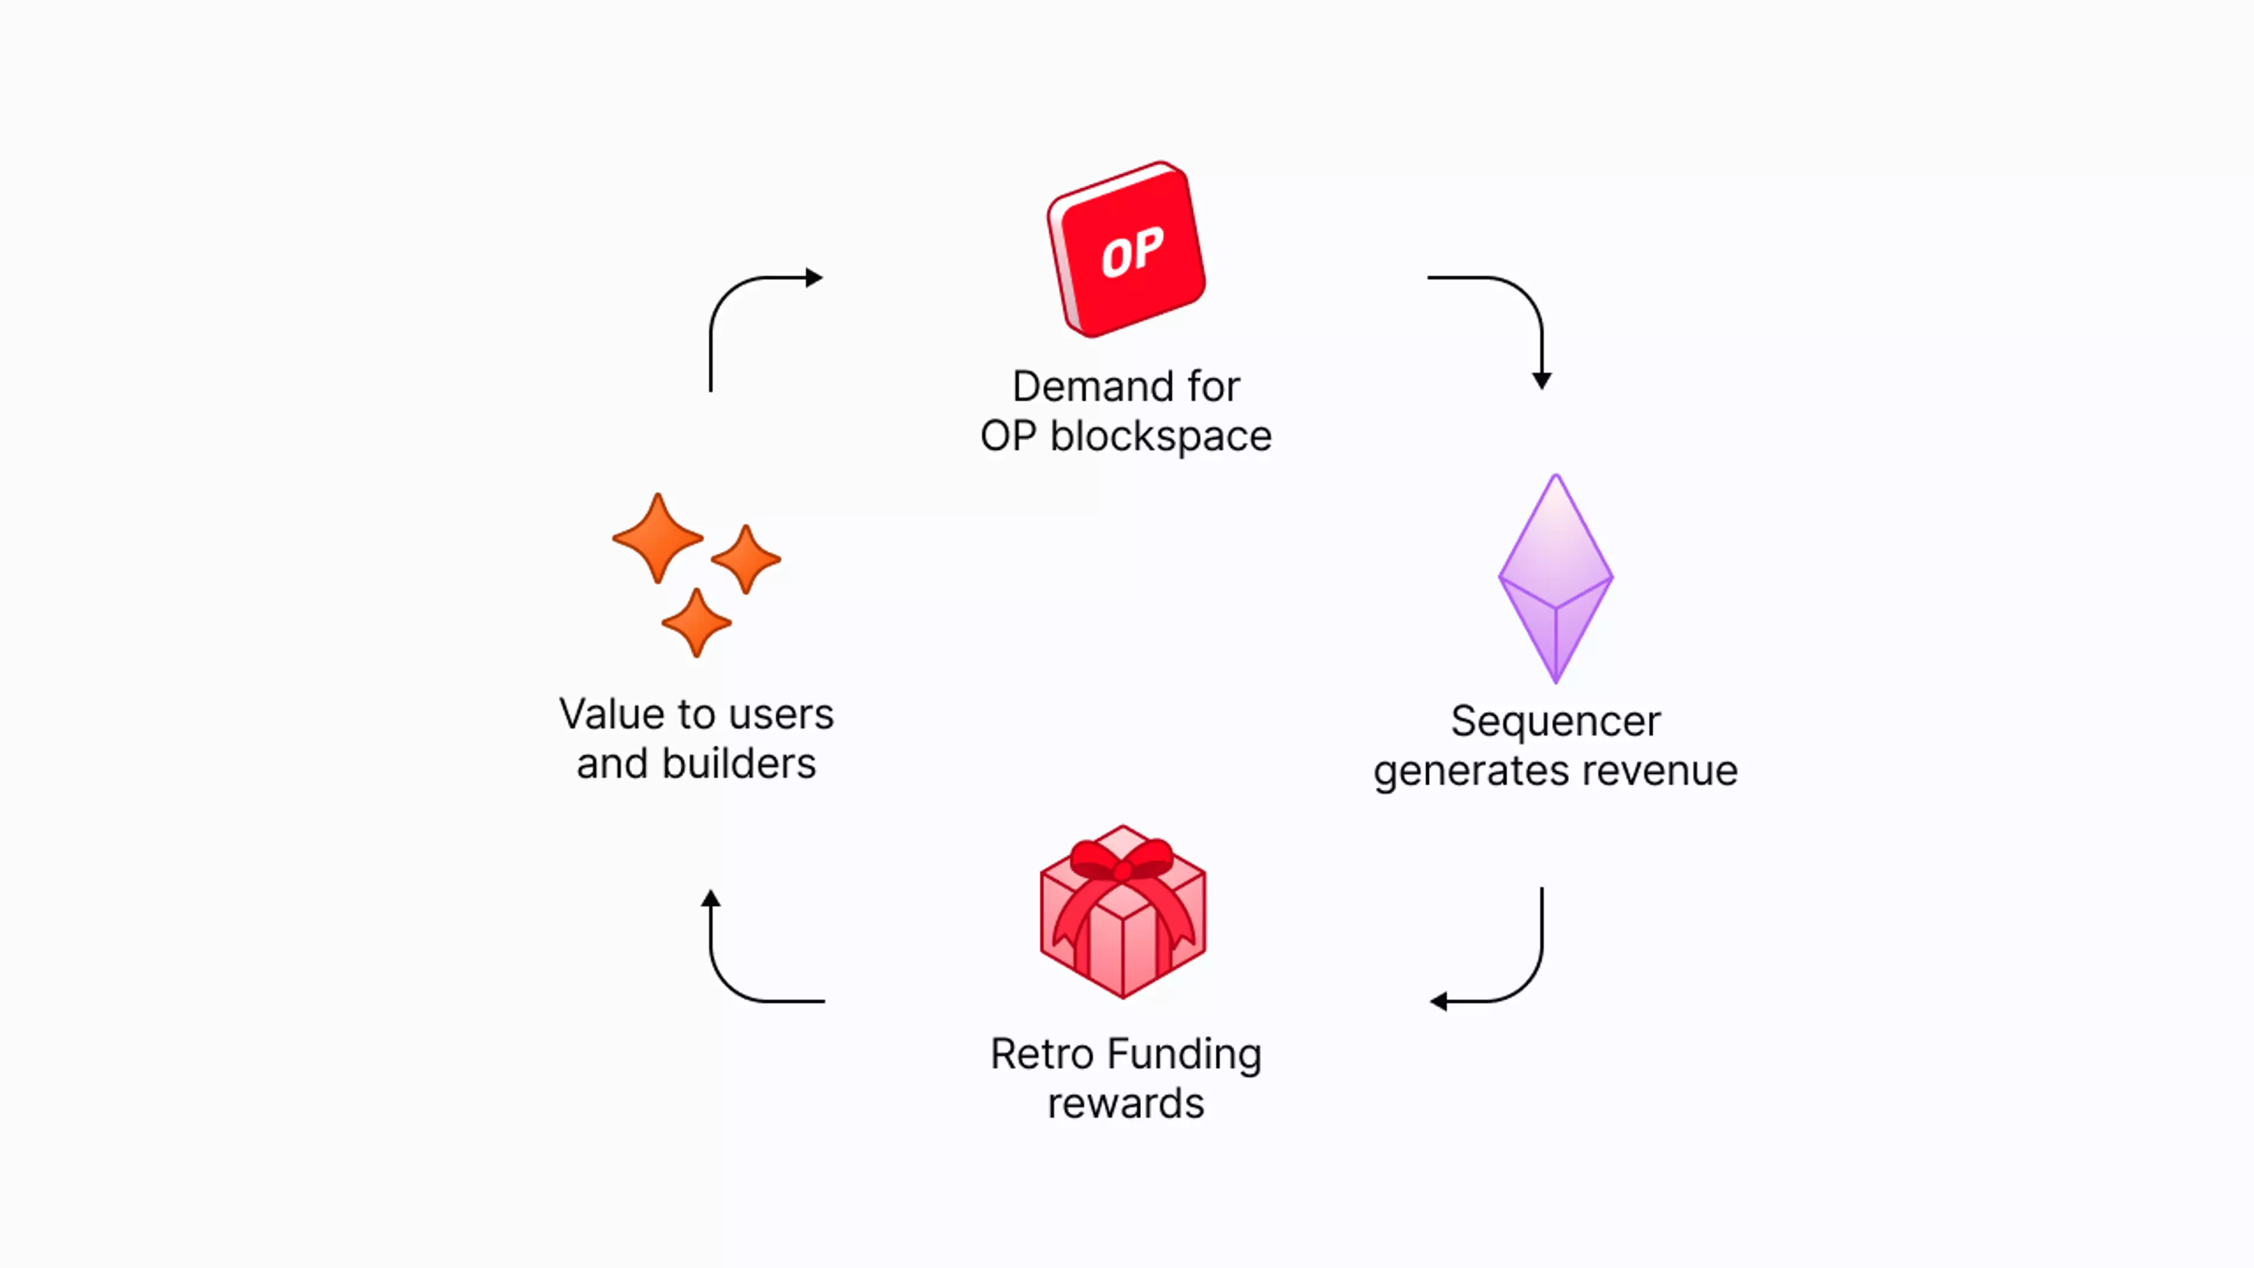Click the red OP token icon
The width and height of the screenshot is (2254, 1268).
click(1126, 249)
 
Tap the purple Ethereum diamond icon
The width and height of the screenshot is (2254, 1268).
click(1555, 578)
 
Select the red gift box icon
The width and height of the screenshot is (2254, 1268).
click(1123, 911)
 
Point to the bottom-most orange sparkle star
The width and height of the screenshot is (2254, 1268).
click(697, 622)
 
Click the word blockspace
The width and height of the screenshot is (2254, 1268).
click(1160, 436)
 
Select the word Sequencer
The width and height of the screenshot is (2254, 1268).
click(1555, 722)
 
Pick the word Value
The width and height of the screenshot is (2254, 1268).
click(612, 714)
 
